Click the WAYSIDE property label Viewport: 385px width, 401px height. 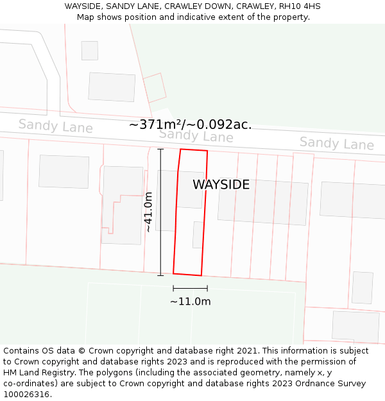click(x=221, y=185)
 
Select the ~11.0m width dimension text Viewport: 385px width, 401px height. click(x=190, y=302)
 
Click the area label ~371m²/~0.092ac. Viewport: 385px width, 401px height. click(x=190, y=124)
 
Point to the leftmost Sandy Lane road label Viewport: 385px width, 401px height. click(x=55, y=126)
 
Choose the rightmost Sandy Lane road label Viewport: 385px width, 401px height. click(x=336, y=143)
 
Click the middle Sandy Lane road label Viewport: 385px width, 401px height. click(x=196, y=135)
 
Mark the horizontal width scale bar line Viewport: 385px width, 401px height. click(x=190, y=289)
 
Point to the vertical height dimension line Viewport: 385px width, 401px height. click(x=160, y=212)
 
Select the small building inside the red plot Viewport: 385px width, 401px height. click(x=198, y=235)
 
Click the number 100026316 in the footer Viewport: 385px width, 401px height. click(x=28, y=395)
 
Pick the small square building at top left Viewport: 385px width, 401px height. click(x=90, y=51)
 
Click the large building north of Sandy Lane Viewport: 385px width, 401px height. click(x=112, y=87)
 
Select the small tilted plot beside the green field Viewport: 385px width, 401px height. click(x=155, y=87)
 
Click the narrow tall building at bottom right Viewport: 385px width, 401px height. click(x=362, y=287)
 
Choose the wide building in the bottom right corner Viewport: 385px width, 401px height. click(x=355, y=326)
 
